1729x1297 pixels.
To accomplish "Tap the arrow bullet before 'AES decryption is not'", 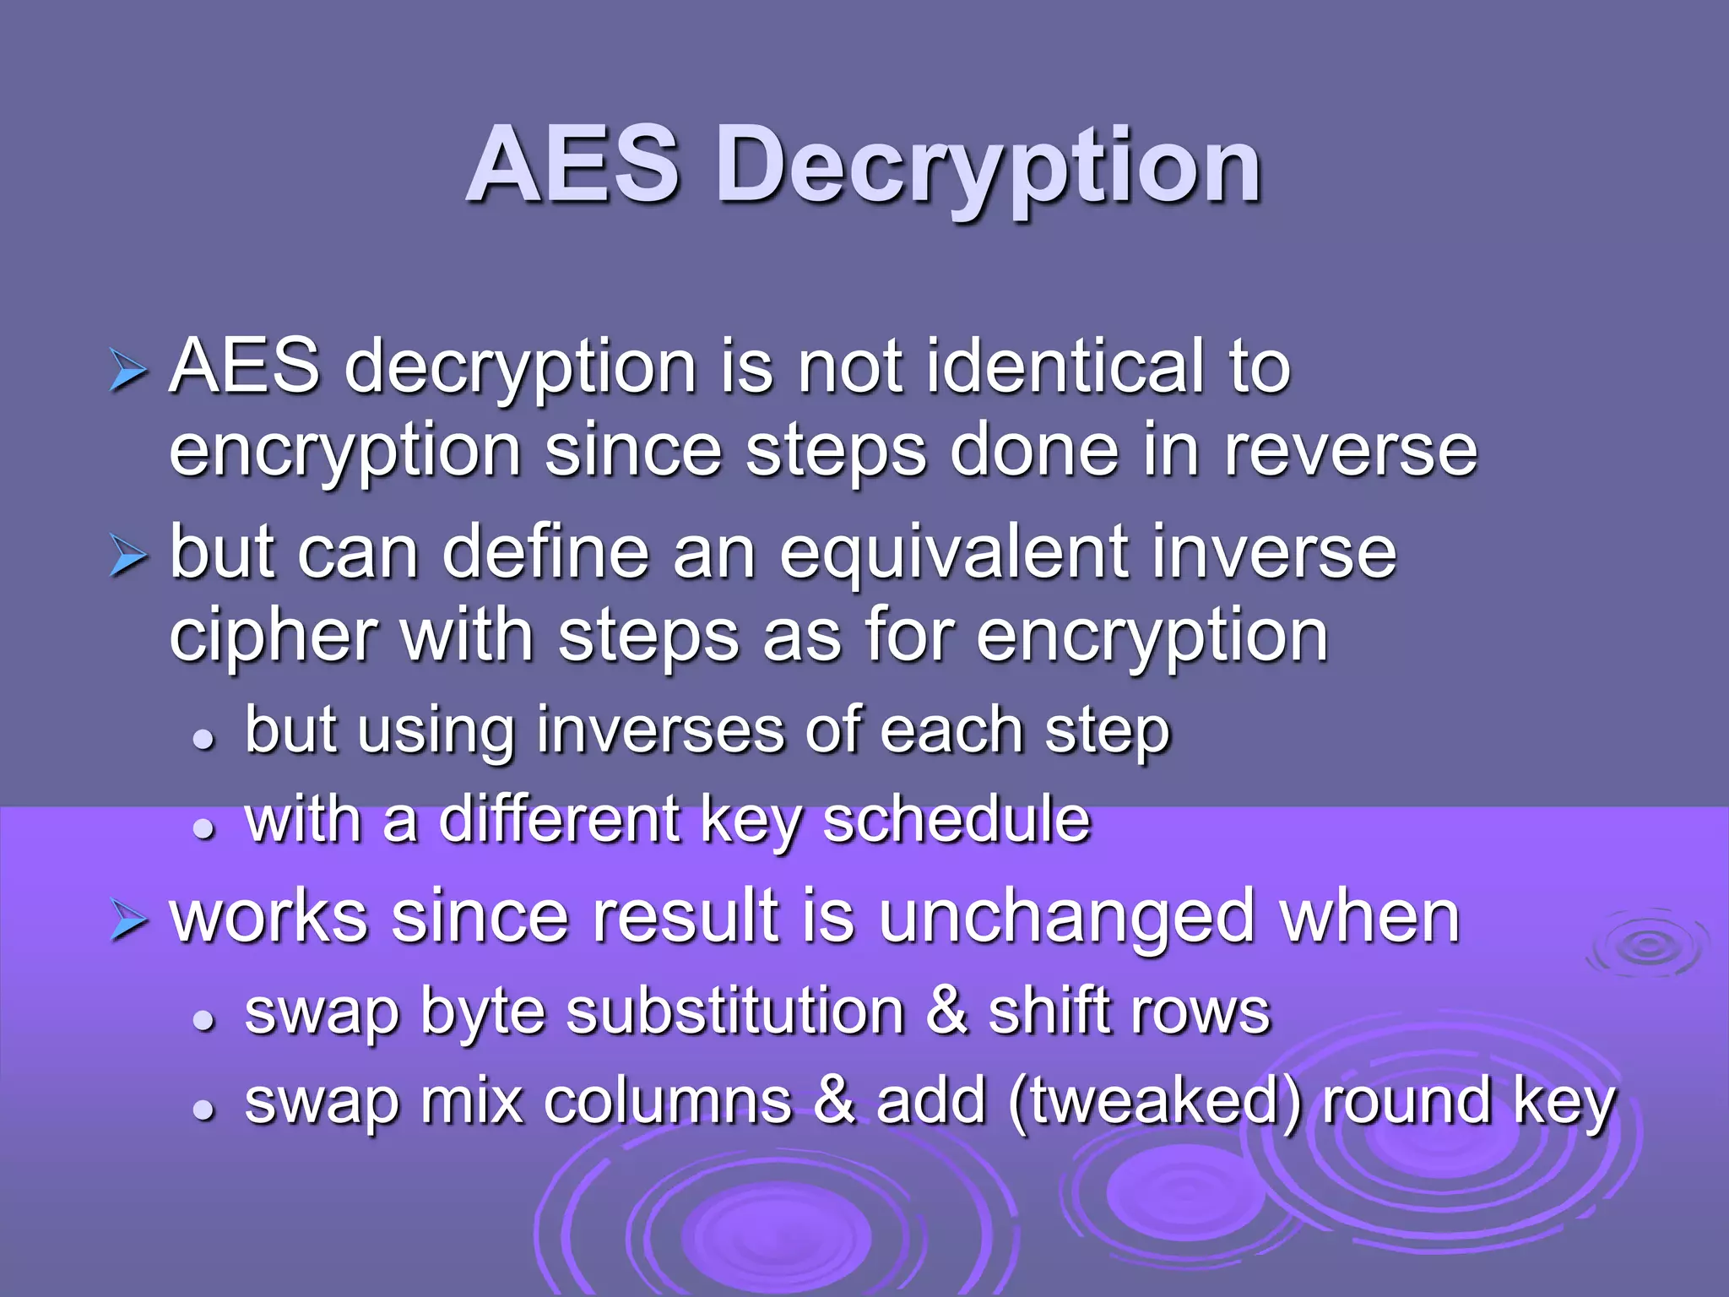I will (x=128, y=372).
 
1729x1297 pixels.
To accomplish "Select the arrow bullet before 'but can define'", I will (x=128, y=557).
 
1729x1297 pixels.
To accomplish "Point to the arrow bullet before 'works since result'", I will (x=128, y=921).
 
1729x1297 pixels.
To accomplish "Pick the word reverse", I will (x=1351, y=451).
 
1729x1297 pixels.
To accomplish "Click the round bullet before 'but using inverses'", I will (x=203, y=740).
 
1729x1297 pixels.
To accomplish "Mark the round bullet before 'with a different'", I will (x=203, y=828).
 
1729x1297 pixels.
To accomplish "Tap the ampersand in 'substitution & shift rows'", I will (x=946, y=1012).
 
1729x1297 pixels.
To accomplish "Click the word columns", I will (x=668, y=1102).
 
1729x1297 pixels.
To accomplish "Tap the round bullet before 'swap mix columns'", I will (x=203, y=1110).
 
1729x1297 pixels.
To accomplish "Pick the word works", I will (x=268, y=918).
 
